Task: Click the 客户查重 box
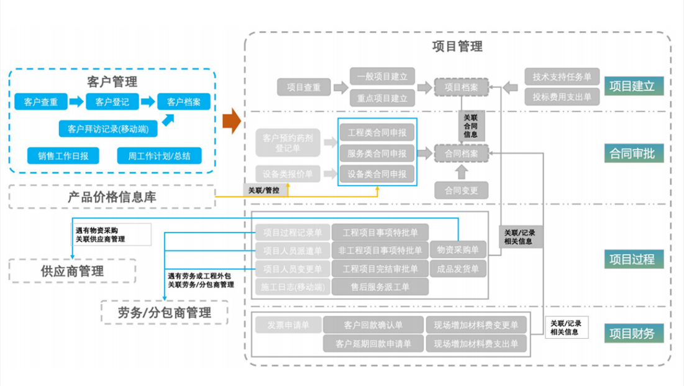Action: coord(41,101)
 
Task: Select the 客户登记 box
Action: coord(112,101)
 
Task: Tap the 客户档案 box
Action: coord(184,101)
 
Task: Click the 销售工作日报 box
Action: coord(63,155)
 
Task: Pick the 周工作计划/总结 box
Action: coord(159,155)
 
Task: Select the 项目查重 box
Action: coord(304,88)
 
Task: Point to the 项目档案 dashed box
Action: coord(462,88)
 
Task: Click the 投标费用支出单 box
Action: coord(562,97)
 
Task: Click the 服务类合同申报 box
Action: coord(377,153)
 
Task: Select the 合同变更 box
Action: coord(462,190)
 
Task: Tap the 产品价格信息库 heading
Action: coord(112,197)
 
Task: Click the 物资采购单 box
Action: coord(458,249)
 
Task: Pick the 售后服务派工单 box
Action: coord(380,287)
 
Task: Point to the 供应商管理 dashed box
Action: coord(72,271)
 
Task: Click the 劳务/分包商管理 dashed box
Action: coord(164,312)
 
